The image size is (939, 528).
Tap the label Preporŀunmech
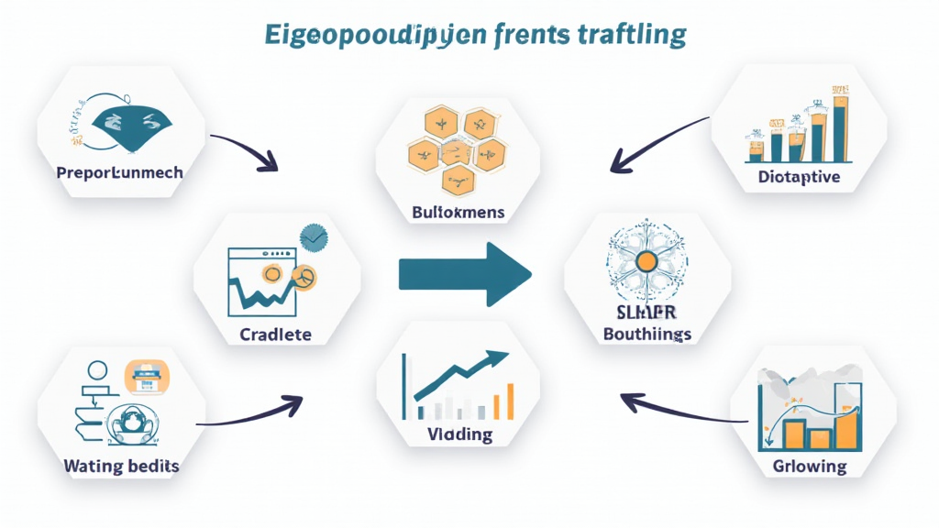pyautogui.click(x=119, y=172)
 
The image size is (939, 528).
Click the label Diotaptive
pyautogui.click(x=800, y=177)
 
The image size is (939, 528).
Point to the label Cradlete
pyautogui.click(x=275, y=334)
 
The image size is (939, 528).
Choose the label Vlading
pyautogui.click(x=459, y=434)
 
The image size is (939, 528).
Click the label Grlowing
pyautogui.click(x=810, y=466)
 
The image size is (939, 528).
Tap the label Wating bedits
pyautogui.click(x=121, y=466)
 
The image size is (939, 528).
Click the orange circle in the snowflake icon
pyautogui.click(x=646, y=262)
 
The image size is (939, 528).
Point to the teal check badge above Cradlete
pyautogui.click(x=315, y=237)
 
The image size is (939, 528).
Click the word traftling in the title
pyautogui.click(x=633, y=35)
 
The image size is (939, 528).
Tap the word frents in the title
pyautogui.click(x=528, y=35)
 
